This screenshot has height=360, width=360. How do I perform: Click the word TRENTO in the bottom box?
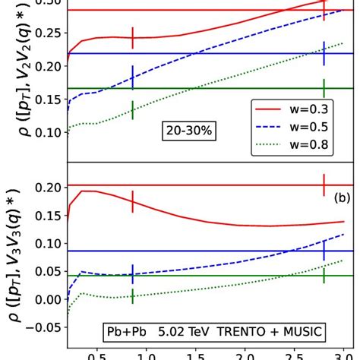point(244,331)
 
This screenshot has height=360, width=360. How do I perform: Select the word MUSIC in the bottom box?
point(301,331)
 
